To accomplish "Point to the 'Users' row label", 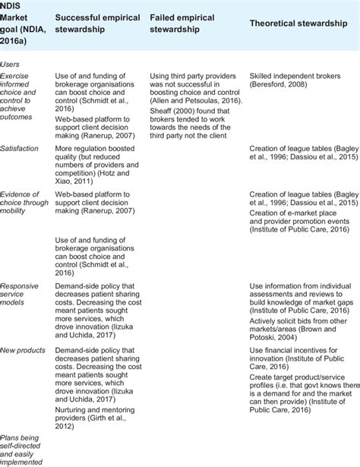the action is click(12, 65).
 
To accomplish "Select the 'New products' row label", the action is click(24, 350).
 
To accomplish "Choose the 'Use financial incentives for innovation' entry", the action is click(297, 359).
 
